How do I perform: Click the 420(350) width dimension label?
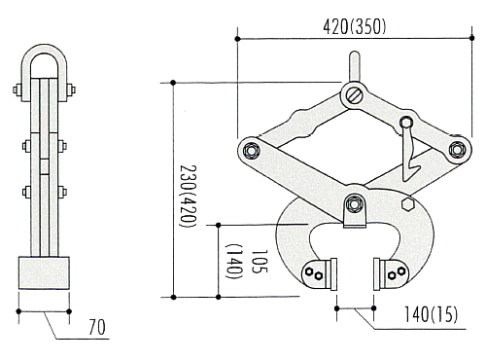click(355, 26)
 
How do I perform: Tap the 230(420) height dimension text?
click(189, 197)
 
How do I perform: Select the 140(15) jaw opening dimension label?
click(431, 314)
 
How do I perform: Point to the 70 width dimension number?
click(97, 327)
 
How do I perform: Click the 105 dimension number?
click(260, 261)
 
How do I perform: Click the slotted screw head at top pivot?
click(354, 95)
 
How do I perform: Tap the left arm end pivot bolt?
click(251, 151)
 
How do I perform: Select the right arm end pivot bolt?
click(457, 150)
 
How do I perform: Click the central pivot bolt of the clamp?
click(355, 203)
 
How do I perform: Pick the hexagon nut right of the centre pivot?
click(408, 204)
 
